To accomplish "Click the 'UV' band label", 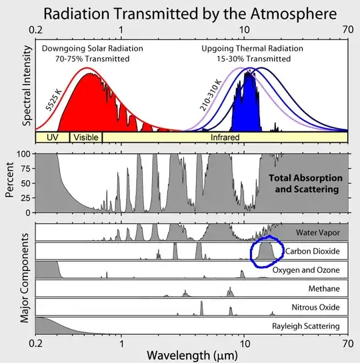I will tap(53, 137).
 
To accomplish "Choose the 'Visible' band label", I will tap(86, 137).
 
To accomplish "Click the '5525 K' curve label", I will tap(54, 97).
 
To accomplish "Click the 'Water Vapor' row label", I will tap(318, 232).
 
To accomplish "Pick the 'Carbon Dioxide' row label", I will tap(313, 252).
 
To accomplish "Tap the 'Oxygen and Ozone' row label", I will tap(308, 270).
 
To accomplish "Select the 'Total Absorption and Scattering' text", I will tap(305, 184).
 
